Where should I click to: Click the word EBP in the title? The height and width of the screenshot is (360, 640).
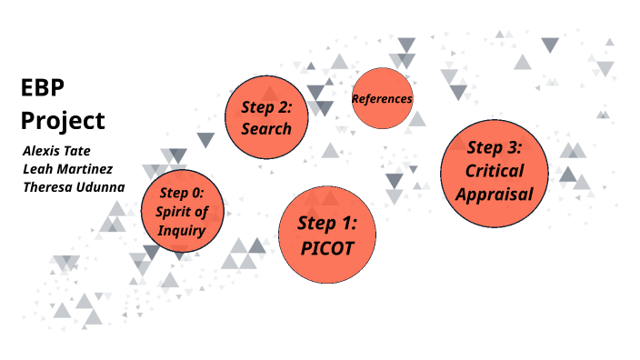(x=43, y=88)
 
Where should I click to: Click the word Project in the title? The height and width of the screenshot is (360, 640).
(x=63, y=120)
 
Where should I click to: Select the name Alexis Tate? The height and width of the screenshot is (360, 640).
(x=56, y=150)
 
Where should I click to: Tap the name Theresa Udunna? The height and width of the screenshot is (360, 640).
(x=73, y=187)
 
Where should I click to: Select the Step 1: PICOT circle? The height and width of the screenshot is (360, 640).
(x=327, y=235)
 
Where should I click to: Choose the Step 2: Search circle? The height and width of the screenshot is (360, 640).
(x=266, y=117)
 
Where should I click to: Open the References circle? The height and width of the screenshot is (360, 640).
(x=382, y=98)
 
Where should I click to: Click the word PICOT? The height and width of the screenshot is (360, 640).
(x=327, y=246)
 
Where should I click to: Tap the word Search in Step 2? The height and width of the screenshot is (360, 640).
(x=266, y=128)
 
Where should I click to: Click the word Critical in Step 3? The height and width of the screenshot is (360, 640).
(x=494, y=170)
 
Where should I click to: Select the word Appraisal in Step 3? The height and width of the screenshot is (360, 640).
(x=494, y=193)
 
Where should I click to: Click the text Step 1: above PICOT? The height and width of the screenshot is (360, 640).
(x=327, y=223)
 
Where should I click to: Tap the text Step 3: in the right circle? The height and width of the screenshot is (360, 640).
(x=494, y=147)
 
